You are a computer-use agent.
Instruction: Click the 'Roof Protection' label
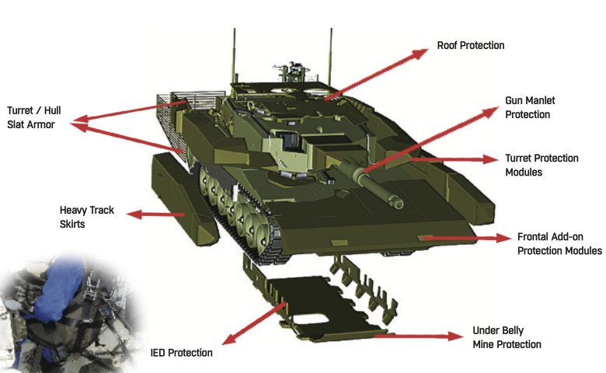(470, 46)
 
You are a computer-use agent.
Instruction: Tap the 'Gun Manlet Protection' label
(530, 108)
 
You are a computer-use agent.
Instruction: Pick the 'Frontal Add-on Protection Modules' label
(559, 243)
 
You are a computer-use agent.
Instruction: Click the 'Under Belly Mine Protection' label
(506, 336)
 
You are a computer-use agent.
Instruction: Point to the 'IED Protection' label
(181, 353)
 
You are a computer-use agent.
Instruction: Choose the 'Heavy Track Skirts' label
(82, 217)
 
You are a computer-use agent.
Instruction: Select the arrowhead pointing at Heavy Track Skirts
(131, 214)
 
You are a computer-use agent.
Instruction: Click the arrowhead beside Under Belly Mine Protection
(454, 336)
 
